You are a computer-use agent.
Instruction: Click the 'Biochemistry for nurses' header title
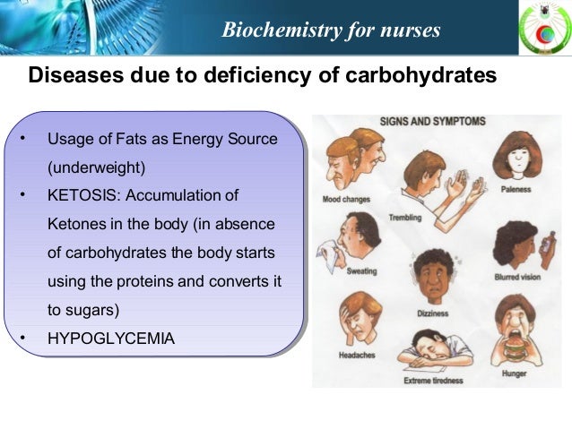[331, 30]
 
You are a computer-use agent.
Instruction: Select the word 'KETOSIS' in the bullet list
[81, 196]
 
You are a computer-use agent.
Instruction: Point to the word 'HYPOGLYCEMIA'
[111, 339]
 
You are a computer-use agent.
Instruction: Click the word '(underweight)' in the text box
[96, 167]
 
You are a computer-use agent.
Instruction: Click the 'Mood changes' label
[346, 199]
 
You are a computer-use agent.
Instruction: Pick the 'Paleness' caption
[516, 190]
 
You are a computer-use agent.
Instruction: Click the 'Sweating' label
[360, 270]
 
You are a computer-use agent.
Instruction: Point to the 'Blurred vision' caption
[517, 278]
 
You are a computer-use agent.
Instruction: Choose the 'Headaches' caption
[350, 356]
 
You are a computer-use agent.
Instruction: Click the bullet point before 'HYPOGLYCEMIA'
[22, 339]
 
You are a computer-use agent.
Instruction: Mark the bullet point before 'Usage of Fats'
[22, 139]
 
